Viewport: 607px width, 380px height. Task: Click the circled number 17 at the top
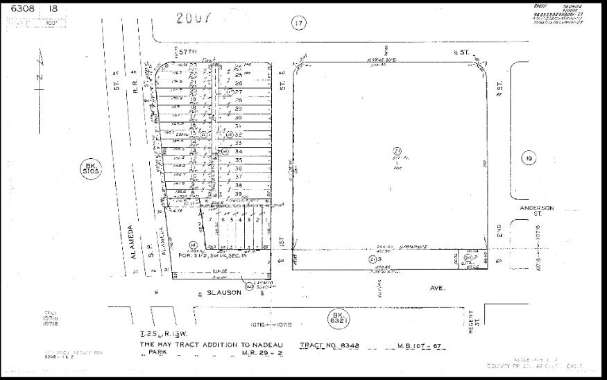coord(299,24)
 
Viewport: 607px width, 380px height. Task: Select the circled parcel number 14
coord(194,244)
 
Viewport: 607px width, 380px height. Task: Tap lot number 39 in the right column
coord(238,193)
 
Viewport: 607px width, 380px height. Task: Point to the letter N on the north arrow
coord(40,76)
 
